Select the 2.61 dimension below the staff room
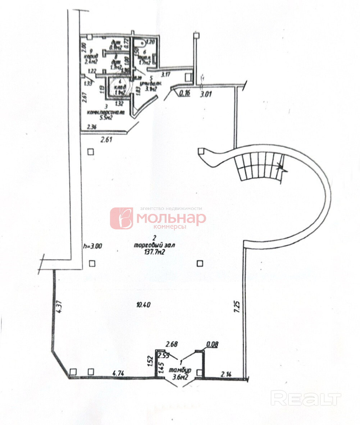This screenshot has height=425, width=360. [107, 140]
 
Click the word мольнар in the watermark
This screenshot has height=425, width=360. [171, 218]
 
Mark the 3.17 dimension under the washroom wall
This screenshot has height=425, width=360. [166, 75]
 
